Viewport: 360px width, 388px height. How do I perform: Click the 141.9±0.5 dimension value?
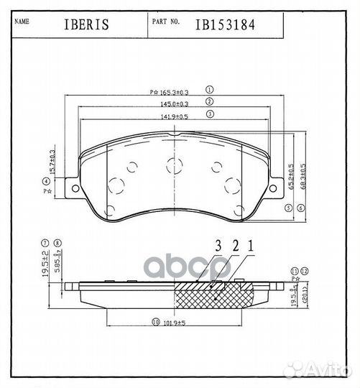click(x=175, y=114)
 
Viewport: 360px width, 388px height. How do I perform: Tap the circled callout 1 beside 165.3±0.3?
click(x=210, y=91)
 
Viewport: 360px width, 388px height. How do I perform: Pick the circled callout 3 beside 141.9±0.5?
click(x=210, y=114)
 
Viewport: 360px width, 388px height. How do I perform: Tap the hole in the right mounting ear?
click(x=274, y=189)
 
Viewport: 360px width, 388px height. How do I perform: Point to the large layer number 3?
click(x=216, y=246)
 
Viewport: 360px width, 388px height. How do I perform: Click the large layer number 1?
click(x=249, y=246)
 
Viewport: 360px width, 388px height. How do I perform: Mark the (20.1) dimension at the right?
click(x=305, y=295)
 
